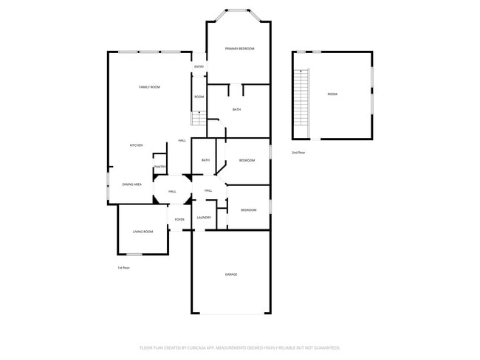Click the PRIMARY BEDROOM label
click(x=239, y=49)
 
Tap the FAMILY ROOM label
click(x=150, y=87)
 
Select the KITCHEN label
click(x=137, y=145)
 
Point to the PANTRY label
click(x=160, y=167)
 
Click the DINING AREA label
click(x=132, y=184)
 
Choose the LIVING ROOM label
click(x=143, y=232)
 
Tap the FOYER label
click(x=179, y=220)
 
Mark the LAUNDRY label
click(x=205, y=218)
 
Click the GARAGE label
click(x=231, y=274)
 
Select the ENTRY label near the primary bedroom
click(x=199, y=67)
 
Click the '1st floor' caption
click(x=124, y=268)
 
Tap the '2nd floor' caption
click(x=298, y=152)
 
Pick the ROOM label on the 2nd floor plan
click(x=332, y=94)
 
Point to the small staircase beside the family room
click(x=198, y=119)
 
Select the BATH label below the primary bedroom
click(x=236, y=110)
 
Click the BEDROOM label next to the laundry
click(x=248, y=210)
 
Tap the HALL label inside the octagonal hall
click(x=172, y=192)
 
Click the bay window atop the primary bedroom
click(x=238, y=11)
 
